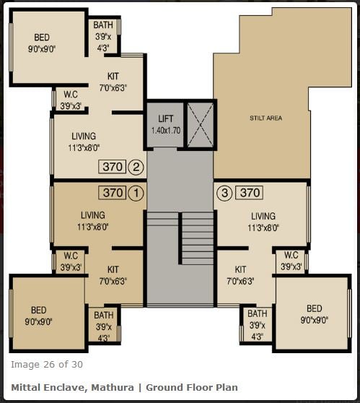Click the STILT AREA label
click(x=265, y=118)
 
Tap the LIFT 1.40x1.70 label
click(x=166, y=125)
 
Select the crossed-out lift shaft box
click(x=201, y=125)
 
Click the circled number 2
click(x=136, y=167)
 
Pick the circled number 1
click(x=136, y=193)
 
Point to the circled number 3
click(x=224, y=193)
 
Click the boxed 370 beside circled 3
click(x=250, y=193)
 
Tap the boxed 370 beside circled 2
click(x=113, y=167)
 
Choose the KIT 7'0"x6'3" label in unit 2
click(x=113, y=82)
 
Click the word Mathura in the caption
click(x=113, y=387)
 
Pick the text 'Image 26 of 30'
click(x=47, y=365)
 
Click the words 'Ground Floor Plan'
click(x=192, y=387)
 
